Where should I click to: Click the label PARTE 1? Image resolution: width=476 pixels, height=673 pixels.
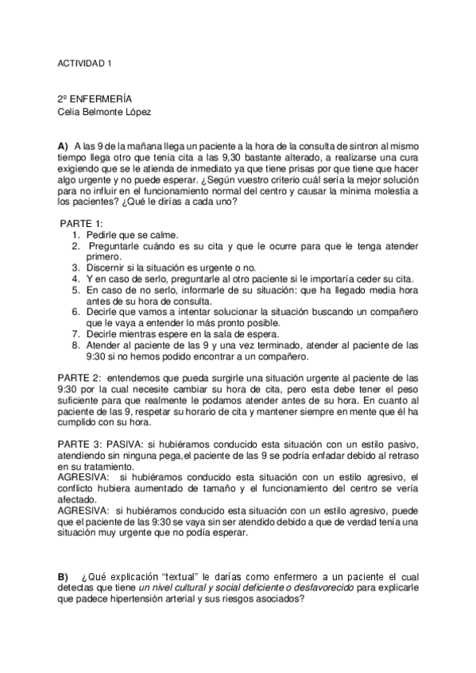[81, 225]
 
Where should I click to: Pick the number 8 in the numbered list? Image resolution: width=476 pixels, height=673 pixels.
[76, 345]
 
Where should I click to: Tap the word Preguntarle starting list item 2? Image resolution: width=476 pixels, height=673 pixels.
[118, 247]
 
